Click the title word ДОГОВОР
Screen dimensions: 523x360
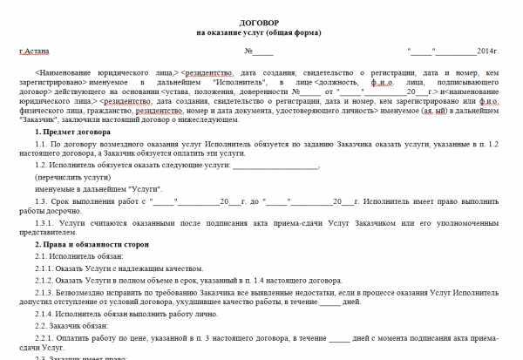coord(258,21)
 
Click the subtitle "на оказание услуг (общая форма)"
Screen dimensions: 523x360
coord(258,32)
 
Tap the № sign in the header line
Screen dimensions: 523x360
coord(248,52)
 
